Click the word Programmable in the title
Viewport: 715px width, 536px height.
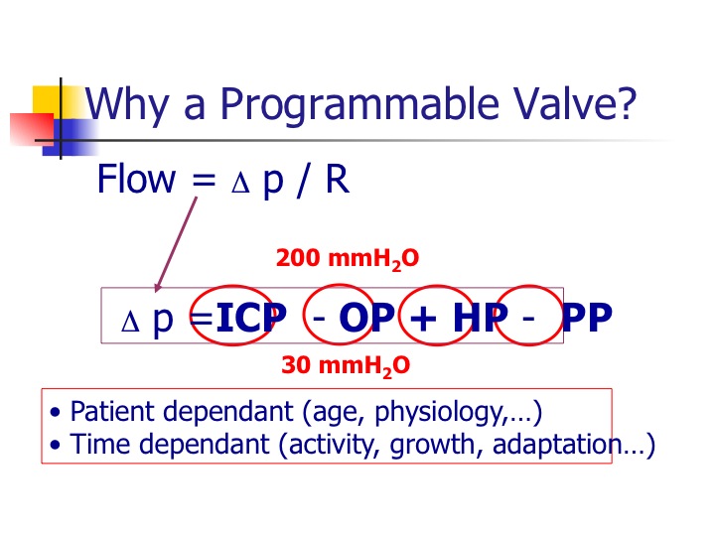(x=360, y=106)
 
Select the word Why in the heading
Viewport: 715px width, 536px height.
(x=127, y=106)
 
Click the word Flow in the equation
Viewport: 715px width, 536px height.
(x=136, y=179)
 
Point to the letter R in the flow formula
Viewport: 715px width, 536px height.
(x=338, y=179)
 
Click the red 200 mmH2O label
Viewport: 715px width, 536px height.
(x=347, y=259)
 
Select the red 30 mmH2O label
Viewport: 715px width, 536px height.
(x=346, y=366)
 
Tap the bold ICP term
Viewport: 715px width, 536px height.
(x=251, y=317)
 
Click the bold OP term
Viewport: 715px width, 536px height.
(x=366, y=318)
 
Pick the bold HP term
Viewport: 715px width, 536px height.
(x=481, y=318)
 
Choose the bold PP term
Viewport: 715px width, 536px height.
(x=587, y=318)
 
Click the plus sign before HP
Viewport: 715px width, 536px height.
(x=423, y=319)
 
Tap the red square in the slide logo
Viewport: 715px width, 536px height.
(x=32, y=129)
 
